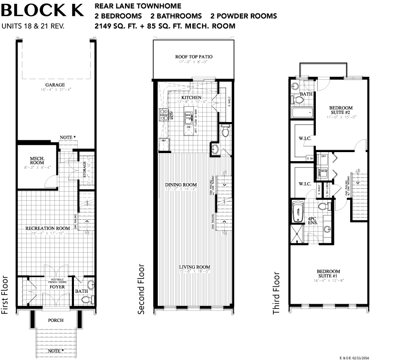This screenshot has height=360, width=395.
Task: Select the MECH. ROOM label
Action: click(x=37, y=159)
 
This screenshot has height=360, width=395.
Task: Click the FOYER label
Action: click(x=57, y=287)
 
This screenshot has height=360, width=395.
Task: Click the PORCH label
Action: click(x=56, y=320)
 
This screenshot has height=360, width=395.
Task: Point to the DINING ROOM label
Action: click(x=181, y=185)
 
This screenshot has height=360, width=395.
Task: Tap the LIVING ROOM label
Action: click(x=195, y=267)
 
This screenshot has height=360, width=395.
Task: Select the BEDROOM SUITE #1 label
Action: click(x=329, y=275)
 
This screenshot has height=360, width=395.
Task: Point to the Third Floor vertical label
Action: click(x=276, y=293)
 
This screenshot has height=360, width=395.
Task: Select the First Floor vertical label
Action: click(x=6, y=295)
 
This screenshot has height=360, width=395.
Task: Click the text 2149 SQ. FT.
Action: click(x=120, y=26)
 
